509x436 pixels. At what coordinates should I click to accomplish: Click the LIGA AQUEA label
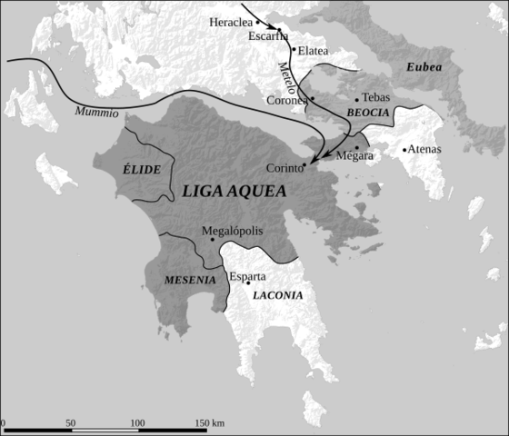[235, 192]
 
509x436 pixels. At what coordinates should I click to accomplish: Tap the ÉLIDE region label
[140, 170]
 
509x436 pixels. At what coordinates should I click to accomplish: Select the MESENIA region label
[190, 280]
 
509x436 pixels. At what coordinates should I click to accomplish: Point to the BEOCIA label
[367, 112]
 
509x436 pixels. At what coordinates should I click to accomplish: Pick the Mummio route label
[96, 114]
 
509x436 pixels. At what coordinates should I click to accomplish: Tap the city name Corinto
[284, 168]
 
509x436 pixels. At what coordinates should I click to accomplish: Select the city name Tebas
[376, 97]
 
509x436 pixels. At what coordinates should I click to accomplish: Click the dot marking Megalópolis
[212, 240]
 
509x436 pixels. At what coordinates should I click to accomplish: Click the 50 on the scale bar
[70, 423]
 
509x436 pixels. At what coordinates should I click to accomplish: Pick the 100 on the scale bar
[137, 423]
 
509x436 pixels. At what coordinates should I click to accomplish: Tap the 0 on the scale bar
[3, 423]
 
